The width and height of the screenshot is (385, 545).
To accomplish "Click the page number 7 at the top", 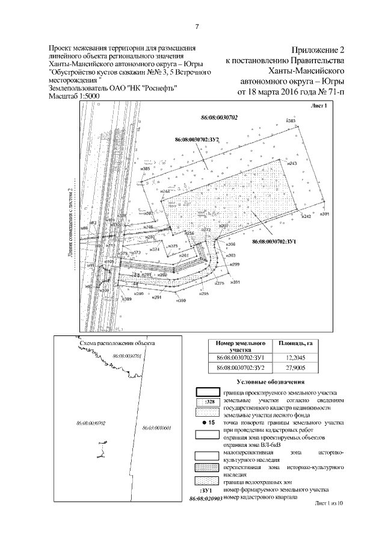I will (197, 26).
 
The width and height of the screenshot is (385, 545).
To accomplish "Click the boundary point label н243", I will (293, 164).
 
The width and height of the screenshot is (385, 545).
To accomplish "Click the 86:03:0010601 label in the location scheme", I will (158, 428).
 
